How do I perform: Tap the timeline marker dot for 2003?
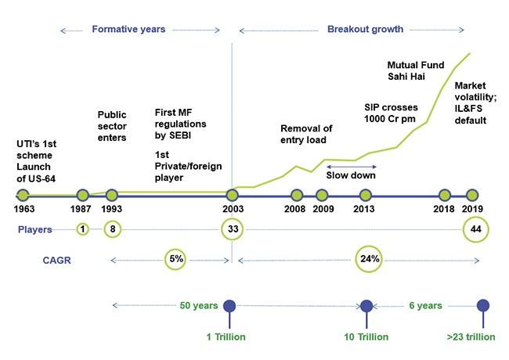(x=232, y=195)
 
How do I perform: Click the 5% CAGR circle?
(x=177, y=258)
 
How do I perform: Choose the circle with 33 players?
(x=232, y=229)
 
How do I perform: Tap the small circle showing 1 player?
(x=82, y=229)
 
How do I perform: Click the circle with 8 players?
(x=112, y=229)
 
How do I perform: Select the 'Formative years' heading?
(x=128, y=29)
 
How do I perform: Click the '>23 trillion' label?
(x=470, y=337)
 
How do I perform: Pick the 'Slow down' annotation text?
(x=351, y=175)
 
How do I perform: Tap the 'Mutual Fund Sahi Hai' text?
(x=414, y=70)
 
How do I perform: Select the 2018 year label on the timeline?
(x=444, y=209)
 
